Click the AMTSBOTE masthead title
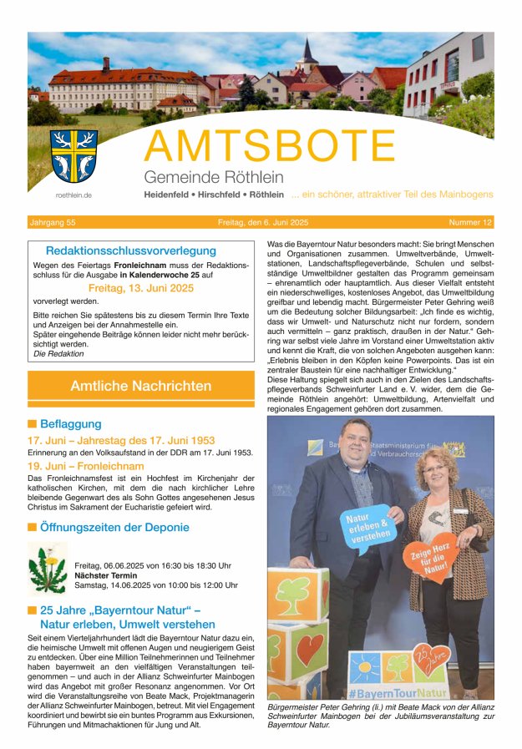coord(317,146)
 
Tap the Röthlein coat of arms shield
coord(73,155)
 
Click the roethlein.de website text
coord(73,195)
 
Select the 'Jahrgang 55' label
coord(53,223)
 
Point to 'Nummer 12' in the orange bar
coord(470,223)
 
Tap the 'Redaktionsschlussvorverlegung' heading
coord(131,251)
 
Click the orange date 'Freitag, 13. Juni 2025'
coord(140,288)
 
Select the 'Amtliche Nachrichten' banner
coord(141,386)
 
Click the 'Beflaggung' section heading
coord(70,424)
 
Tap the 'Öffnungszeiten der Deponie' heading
coord(114,528)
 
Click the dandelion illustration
coord(47,569)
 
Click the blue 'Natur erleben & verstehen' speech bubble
coord(367,529)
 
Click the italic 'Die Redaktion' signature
coord(58,353)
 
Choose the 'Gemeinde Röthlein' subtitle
coord(214,177)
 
